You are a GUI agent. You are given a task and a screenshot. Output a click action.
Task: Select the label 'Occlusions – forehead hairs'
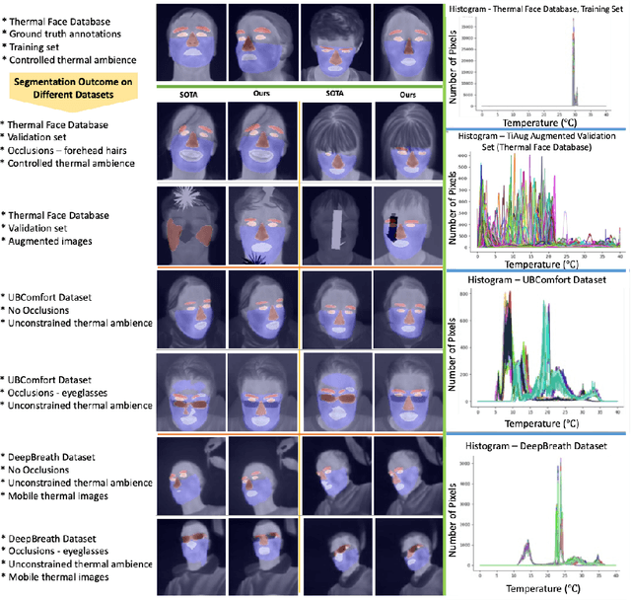(x=77, y=152)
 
